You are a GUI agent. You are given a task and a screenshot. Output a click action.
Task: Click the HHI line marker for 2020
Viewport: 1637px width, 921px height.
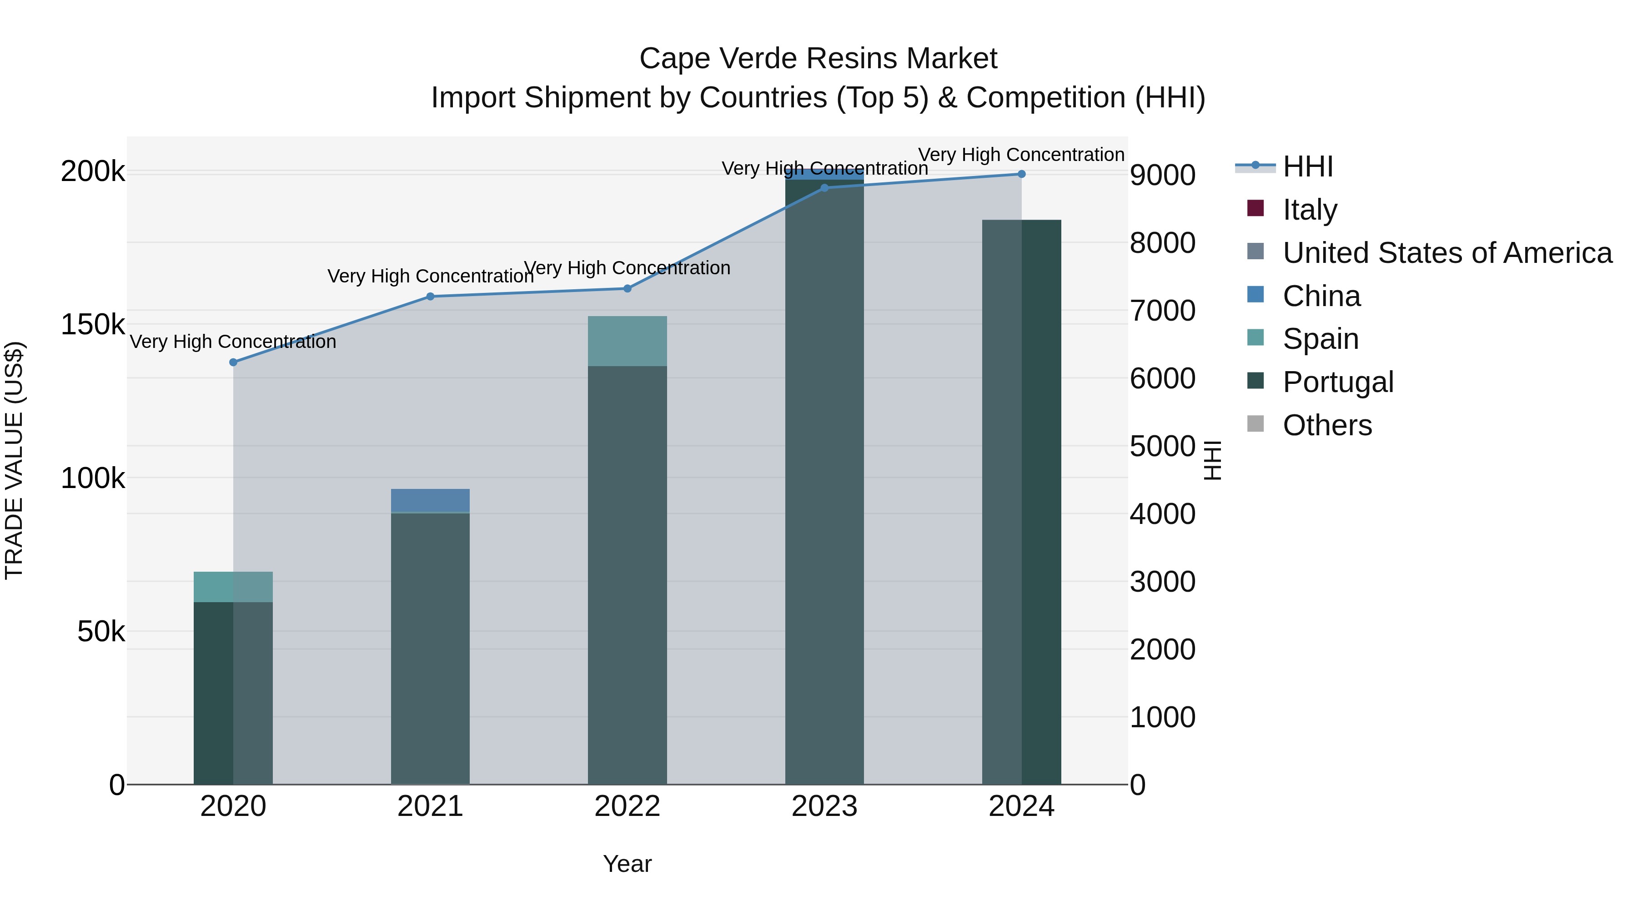point(233,362)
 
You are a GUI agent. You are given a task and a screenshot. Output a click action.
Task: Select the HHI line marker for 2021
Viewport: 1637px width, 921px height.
point(430,296)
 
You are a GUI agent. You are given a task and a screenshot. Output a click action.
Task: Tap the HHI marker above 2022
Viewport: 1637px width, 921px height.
point(627,288)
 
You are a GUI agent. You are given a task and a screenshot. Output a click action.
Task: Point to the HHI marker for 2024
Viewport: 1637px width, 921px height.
point(1021,174)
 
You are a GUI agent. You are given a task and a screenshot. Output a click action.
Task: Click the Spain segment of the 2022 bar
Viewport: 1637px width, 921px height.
point(627,341)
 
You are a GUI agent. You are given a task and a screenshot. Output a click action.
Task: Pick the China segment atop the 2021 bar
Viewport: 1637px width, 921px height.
point(430,500)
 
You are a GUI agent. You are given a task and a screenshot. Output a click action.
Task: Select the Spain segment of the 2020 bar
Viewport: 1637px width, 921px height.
point(233,587)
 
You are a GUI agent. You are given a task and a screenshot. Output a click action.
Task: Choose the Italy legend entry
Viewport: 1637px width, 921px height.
point(1310,210)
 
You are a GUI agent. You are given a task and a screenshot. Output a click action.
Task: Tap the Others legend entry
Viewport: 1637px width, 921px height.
point(1327,425)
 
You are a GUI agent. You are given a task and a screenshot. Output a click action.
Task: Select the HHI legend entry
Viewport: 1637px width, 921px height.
point(1308,166)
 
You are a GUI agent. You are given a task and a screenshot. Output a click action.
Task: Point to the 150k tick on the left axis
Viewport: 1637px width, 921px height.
point(93,325)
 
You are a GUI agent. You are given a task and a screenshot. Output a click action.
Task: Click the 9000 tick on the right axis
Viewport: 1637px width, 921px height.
point(1162,176)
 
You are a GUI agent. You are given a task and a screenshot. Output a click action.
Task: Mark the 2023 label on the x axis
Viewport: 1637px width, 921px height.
point(824,806)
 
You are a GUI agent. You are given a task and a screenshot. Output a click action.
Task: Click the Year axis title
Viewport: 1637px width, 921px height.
point(627,864)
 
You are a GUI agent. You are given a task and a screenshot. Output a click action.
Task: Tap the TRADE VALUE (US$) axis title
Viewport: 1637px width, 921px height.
point(14,460)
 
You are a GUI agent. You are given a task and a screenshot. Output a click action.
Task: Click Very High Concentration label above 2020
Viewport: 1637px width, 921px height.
point(233,342)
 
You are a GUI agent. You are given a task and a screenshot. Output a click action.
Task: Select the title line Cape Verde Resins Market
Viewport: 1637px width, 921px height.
point(818,59)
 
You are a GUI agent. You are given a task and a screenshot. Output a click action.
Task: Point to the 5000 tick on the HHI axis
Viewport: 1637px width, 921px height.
point(1162,446)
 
